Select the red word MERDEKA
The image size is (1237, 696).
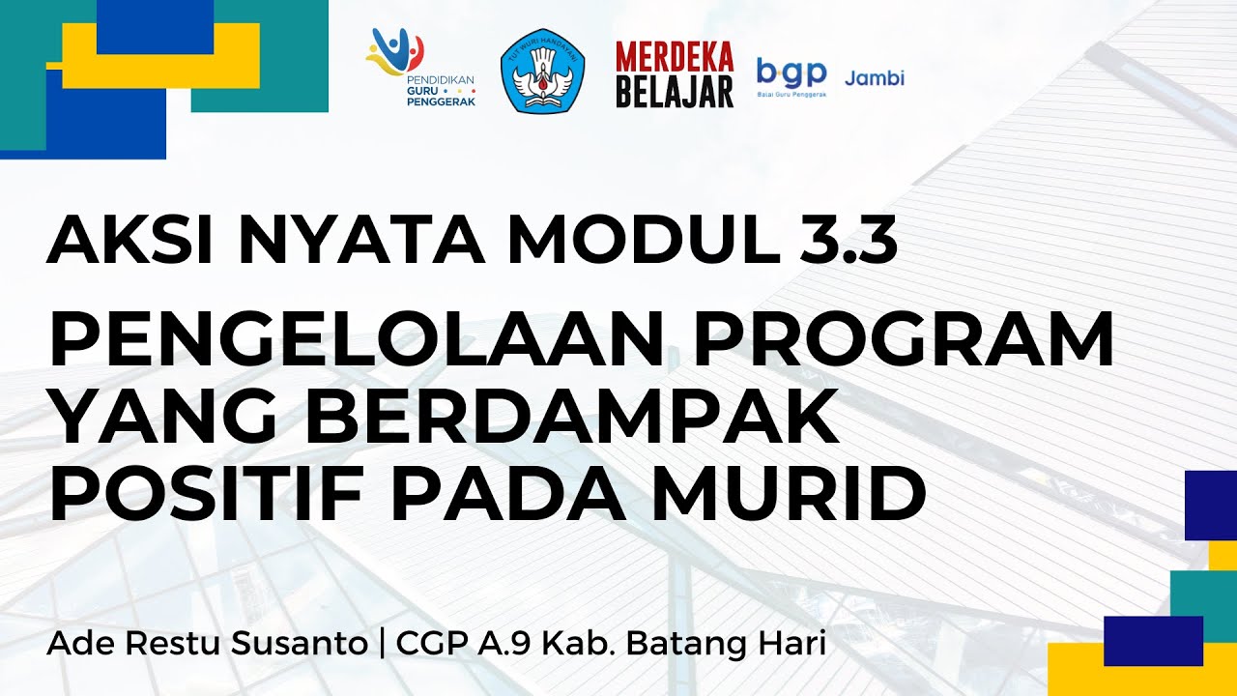[x=675, y=57]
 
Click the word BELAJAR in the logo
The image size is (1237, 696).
[x=675, y=91]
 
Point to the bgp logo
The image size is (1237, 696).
[x=791, y=74]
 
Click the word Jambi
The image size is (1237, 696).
[x=875, y=78]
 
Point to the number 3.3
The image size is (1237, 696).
[x=850, y=240]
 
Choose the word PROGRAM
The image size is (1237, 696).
[x=889, y=340]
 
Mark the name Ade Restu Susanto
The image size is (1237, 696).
[x=206, y=645]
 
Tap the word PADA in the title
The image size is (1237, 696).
[x=512, y=493]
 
